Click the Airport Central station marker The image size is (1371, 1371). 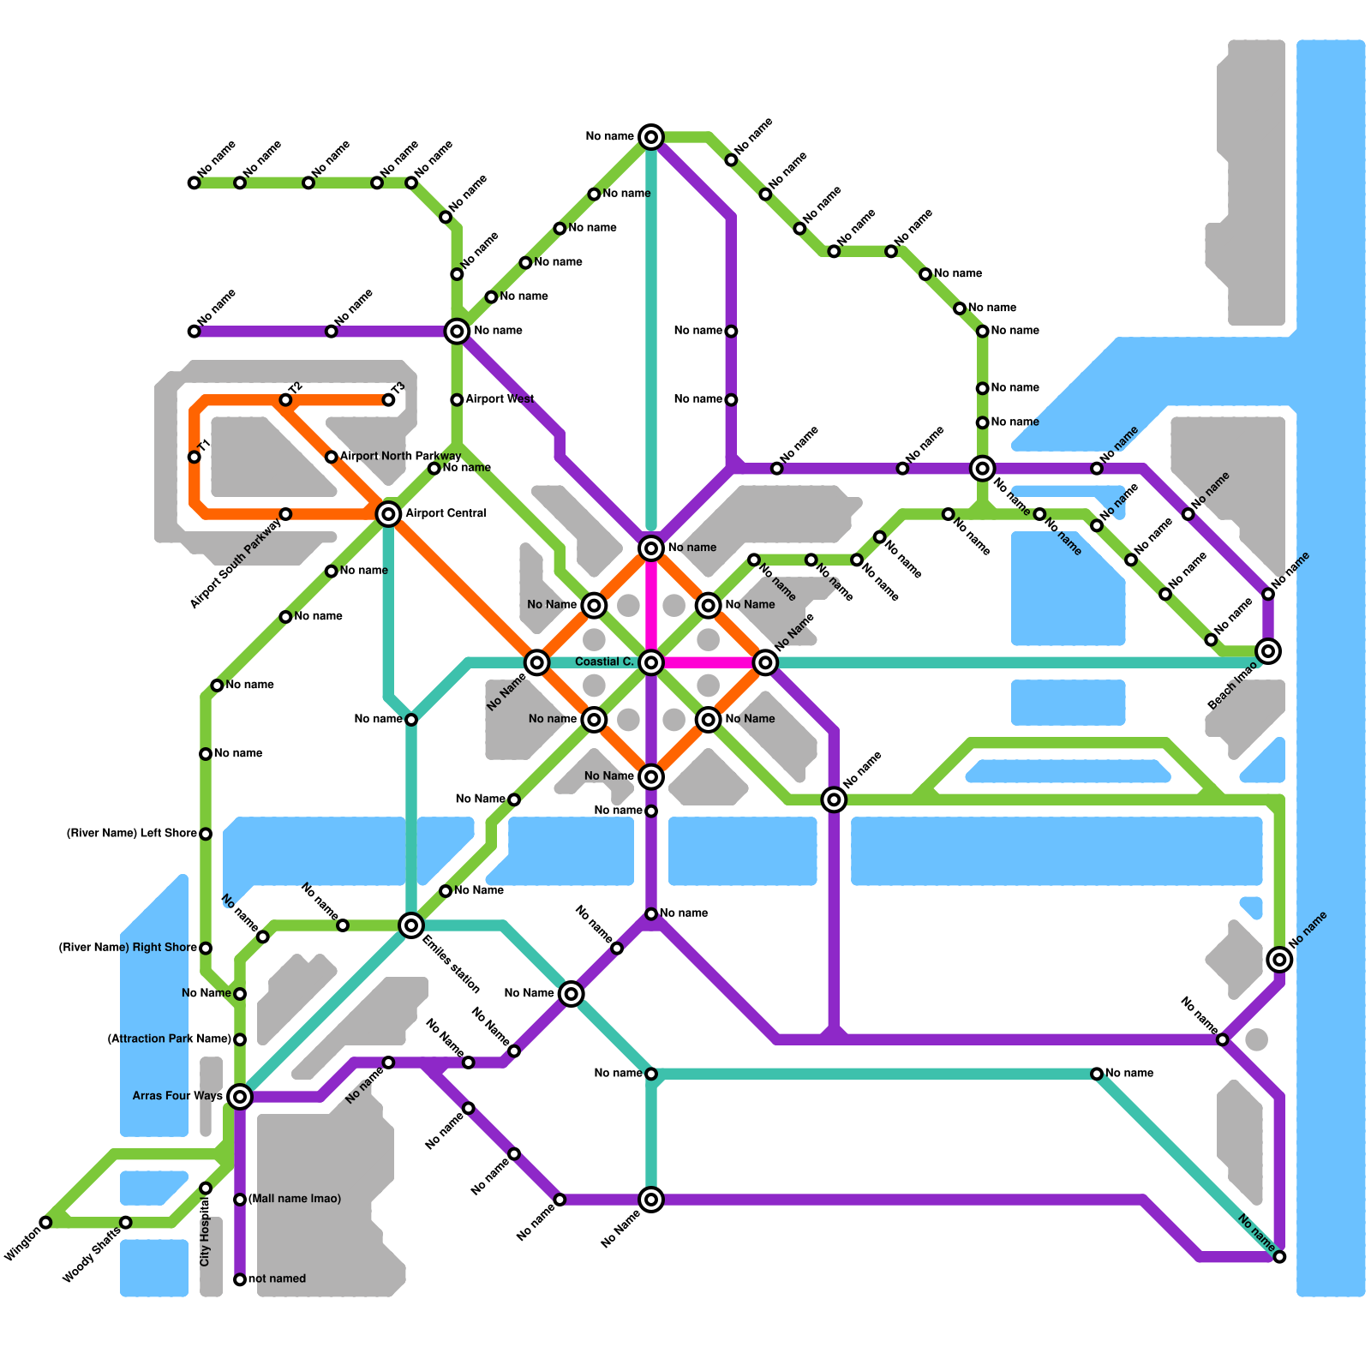point(388,514)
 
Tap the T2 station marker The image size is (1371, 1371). point(285,400)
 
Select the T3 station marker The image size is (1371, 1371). point(388,400)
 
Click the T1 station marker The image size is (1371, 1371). point(195,457)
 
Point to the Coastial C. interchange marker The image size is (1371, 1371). point(651,662)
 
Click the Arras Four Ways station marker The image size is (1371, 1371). point(240,1096)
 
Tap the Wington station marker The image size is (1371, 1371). point(46,1222)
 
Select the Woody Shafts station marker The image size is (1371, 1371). point(126,1222)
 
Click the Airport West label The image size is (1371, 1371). point(500,399)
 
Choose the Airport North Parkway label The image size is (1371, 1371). point(400,456)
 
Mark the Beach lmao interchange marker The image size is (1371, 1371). point(1268,651)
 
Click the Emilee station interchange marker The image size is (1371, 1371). point(411,925)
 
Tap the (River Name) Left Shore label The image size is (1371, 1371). point(132,834)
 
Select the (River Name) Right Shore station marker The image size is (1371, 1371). point(206,948)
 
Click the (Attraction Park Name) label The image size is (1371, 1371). point(170,1039)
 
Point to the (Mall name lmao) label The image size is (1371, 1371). point(295,1199)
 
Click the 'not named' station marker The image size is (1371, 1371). point(240,1279)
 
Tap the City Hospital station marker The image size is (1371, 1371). point(206,1188)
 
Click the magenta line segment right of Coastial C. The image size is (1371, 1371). point(708,662)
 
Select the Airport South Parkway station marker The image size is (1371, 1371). point(285,514)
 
